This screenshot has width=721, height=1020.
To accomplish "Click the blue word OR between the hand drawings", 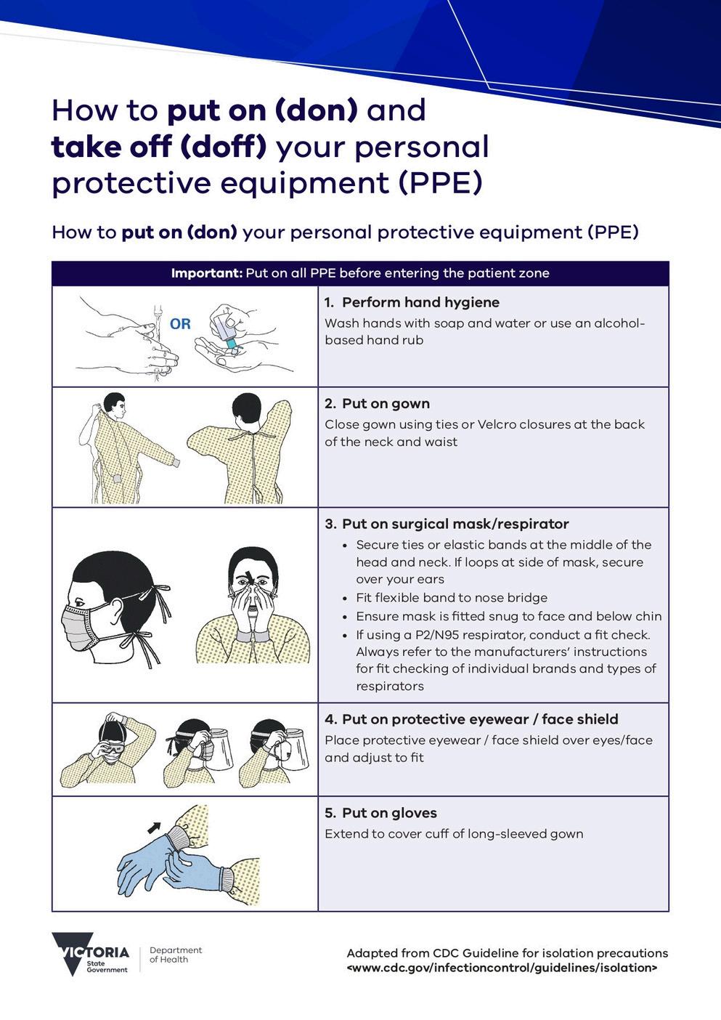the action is pyautogui.click(x=180, y=324).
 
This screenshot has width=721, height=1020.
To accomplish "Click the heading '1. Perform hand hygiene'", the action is pyautogui.click(x=412, y=302).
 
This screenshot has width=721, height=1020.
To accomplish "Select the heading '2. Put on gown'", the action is pyautogui.click(x=378, y=403).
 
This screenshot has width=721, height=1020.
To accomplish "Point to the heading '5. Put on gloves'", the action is pyautogui.click(x=380, y=813).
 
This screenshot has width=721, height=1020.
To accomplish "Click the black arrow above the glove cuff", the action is pyautogui.click(x=155, y=827).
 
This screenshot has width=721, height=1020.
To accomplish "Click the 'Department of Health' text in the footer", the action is pyautogui.click(x=176, y=955).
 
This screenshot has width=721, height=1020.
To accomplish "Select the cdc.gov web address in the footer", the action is pyautogui.click(x=502, y=968).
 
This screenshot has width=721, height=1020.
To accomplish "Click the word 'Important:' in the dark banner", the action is pyautogui.click(x=207, y=273).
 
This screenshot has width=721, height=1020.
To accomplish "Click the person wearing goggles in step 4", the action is pyautogui.click(x=107, y=750).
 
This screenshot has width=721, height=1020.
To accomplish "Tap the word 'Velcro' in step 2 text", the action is pyautogui.click(x=496, y=424).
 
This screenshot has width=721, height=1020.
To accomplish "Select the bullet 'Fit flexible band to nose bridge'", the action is pyautogui.click(x=452, y=597).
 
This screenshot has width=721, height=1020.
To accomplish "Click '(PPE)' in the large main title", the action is pyautogui.click(x=440, y=183).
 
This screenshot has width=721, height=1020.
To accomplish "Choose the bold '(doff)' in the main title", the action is pyautogui.click(x=223, y=147).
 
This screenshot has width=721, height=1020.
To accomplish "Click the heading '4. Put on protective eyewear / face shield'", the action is pyautogui.click(x=471, y=719).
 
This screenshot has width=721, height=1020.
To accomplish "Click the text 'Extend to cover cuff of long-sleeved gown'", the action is pyautogui.click(x=454, y=834).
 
